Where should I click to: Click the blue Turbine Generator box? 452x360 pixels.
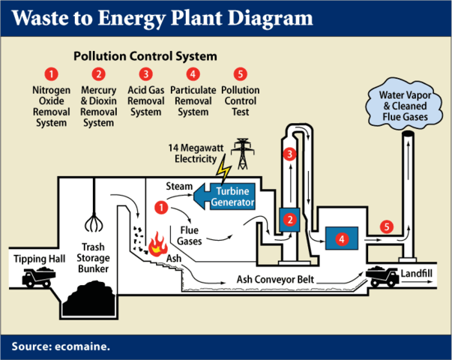(x=229, y=196)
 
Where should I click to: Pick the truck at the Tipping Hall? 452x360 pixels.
(x=37, y=279)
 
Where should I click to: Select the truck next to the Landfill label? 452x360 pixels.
(x=382, y=277)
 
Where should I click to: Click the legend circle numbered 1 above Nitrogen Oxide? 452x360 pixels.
(x=50, y=73)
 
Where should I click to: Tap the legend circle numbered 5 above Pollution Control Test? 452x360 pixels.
(x=240, y=73)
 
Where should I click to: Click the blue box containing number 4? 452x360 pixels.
(x=342, y=239)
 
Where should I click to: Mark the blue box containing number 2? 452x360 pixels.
(x=289, y=220)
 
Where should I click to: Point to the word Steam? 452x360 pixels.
(x=179, y=185)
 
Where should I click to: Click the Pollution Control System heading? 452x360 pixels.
(x=145, y=56)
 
